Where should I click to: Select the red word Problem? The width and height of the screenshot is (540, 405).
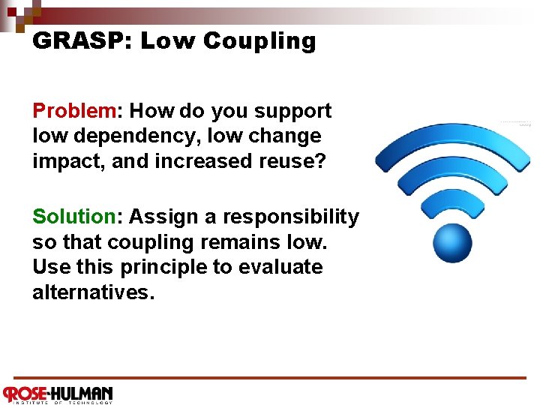[73, 111]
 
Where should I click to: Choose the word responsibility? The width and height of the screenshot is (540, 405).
[295, 217]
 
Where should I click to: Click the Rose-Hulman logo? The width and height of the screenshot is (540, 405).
[58, 394]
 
